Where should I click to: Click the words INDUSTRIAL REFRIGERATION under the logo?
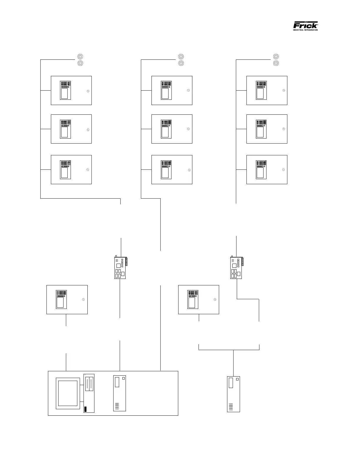click(305, 30)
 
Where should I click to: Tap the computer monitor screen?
click(68, 393)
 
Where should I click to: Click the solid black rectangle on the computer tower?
click(86, 409)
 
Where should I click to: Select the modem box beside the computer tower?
click(119, 393)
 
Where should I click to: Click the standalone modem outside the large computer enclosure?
click(234, 394)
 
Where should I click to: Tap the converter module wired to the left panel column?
click(120, 268)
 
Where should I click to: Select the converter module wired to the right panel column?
click(236, 268)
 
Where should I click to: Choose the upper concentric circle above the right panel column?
click(276, 56)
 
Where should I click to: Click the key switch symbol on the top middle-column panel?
click(189, 90)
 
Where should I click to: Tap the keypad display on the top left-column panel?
click(65, 90)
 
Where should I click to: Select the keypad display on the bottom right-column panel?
click(261, 169)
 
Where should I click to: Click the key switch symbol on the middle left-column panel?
click(88, 130)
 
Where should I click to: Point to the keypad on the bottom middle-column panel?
click(166, 170)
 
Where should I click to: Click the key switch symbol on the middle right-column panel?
click(284, 129)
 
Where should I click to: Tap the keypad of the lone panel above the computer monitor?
click(61, 299)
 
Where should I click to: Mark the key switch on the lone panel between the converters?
click(215, 299)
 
